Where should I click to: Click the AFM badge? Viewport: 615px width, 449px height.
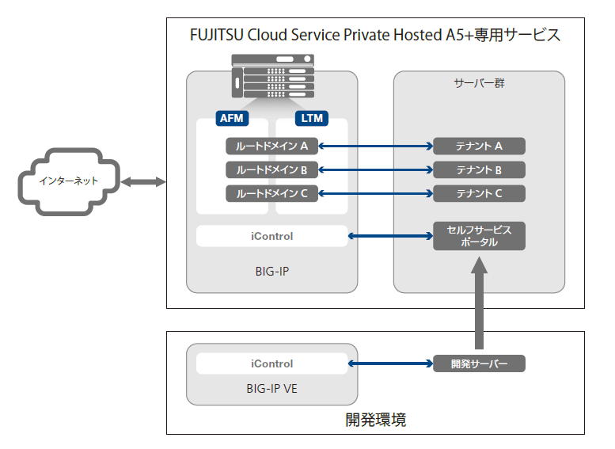[232, 118]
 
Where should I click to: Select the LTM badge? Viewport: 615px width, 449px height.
[312, 118]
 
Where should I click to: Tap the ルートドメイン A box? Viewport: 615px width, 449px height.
[271, 146]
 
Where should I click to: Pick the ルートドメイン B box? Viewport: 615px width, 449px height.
[271, 170]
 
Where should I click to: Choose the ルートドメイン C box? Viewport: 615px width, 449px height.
[271, 193]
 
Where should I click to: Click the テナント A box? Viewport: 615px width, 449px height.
[479, 146]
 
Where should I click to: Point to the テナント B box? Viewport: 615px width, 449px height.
[479, 170]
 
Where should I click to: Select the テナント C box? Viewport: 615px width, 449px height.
[479, 193]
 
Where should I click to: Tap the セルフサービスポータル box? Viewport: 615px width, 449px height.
[479, 236]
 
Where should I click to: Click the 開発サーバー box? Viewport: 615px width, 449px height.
[479, 363]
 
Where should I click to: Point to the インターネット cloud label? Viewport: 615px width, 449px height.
[69, 181]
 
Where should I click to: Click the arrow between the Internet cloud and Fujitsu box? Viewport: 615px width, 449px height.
[143, 181]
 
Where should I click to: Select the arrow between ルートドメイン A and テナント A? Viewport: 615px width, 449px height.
[376, 146]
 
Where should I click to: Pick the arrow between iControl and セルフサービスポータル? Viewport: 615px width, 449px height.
[391, 236]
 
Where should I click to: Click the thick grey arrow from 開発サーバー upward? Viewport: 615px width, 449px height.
[479, 303]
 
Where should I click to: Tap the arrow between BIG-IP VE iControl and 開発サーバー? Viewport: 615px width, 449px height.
[391, 363]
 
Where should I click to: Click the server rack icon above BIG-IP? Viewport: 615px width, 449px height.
[273, 76]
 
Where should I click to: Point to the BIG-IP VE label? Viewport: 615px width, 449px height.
[271, 389]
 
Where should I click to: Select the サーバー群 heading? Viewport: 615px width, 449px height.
[479, 83]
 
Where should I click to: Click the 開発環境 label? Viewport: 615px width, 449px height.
[375, 420]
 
